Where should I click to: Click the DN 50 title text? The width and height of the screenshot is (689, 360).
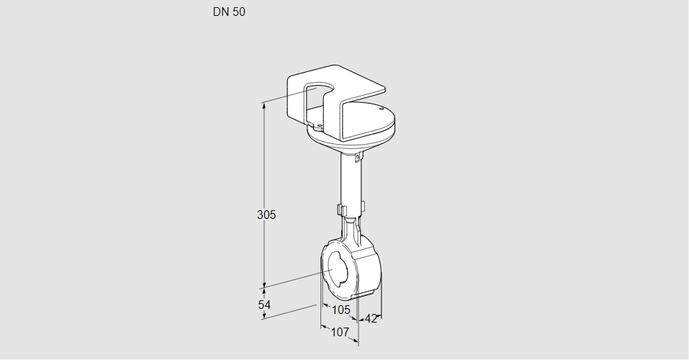[229, 12]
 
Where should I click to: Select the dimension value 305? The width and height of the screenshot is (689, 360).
[267, 215]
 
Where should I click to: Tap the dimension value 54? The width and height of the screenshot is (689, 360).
[265, 305]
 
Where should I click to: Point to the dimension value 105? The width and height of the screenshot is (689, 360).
[341, 310]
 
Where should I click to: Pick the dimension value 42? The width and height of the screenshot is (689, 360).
[371, 319]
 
